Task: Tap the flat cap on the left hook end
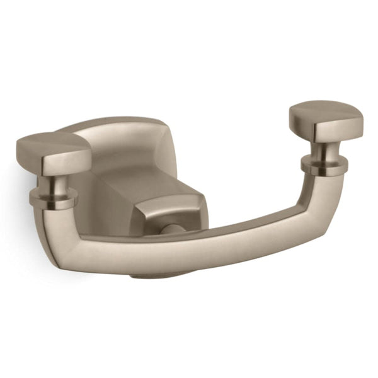point(54,151)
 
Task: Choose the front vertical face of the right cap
point(337,130)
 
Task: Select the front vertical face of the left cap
point(63,163)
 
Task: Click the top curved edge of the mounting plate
point(113,122)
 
